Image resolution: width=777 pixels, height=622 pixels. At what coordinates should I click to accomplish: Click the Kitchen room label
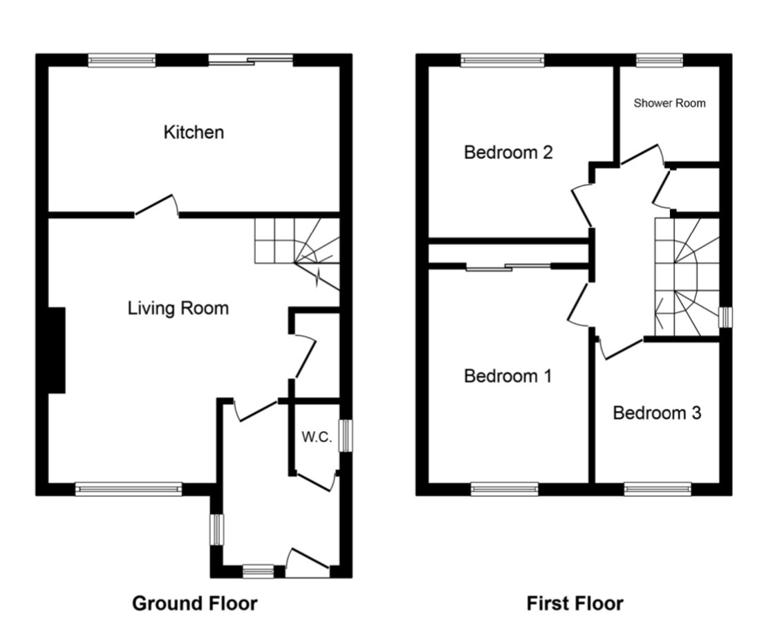194,132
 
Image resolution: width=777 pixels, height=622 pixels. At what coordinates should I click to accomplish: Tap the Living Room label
178,308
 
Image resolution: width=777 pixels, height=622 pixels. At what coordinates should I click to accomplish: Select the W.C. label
317,437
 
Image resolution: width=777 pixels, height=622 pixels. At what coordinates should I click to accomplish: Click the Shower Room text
669,103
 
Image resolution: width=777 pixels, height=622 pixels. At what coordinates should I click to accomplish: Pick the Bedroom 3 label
657,413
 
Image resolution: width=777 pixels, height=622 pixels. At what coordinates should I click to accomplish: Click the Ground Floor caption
194,603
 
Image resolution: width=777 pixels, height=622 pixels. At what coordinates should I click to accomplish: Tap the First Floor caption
574,603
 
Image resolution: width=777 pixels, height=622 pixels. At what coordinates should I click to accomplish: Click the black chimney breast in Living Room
56,350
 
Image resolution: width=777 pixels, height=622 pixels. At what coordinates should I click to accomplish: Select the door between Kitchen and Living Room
156,205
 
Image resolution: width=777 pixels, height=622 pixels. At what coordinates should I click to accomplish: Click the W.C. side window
344,437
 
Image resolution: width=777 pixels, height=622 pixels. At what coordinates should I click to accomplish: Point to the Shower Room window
659,60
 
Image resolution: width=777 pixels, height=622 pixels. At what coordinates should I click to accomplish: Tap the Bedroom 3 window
657,489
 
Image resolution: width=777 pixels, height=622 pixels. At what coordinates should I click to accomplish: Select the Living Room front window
129,489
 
